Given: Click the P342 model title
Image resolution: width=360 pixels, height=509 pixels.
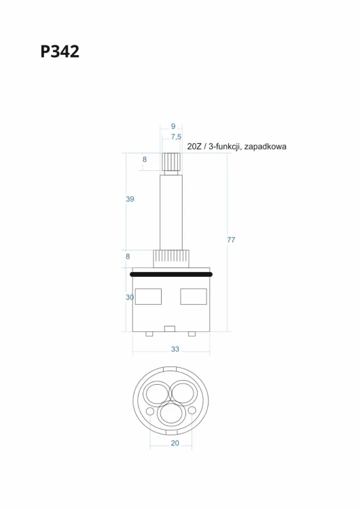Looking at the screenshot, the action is [x=60, y=52].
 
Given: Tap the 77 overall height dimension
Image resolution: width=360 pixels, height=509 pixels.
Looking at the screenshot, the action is [x=231, y=240].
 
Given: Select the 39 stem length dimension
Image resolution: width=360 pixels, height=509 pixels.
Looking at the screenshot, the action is [x=130, y=199].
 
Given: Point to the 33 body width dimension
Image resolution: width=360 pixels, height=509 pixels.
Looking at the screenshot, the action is [x=175, y=349].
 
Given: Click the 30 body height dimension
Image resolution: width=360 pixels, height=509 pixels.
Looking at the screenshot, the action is [x=130, y=297].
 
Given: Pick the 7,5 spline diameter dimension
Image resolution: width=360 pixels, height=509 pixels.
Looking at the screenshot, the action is [x=176, y=137].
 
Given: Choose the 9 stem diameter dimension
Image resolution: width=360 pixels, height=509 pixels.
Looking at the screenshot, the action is [x=173, y=126].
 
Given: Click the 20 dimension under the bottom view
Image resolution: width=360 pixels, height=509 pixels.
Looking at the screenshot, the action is [x=175, y=443].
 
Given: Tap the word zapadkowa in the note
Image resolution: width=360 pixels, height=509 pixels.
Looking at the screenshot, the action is [x=265, y=147].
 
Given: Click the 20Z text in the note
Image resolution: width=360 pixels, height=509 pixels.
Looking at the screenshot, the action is [x=194, y=147].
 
